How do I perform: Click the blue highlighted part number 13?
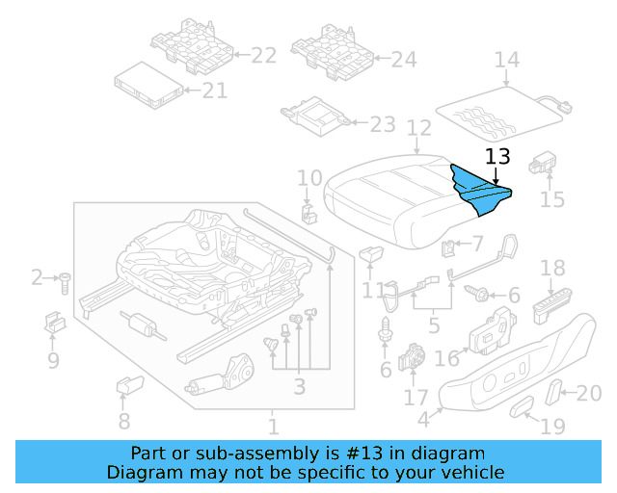coord(479,187)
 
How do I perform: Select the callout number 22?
coord(263,56)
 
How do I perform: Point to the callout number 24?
coord(404,60)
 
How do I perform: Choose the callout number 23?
coord(383,124)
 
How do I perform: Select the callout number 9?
coord(53,361)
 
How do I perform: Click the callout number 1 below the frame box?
coord(273,426)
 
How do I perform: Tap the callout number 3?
coord(299,387)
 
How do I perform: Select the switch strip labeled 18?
coord(552,303)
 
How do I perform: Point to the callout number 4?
coord(422,419)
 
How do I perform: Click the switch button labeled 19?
coord(522,407)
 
